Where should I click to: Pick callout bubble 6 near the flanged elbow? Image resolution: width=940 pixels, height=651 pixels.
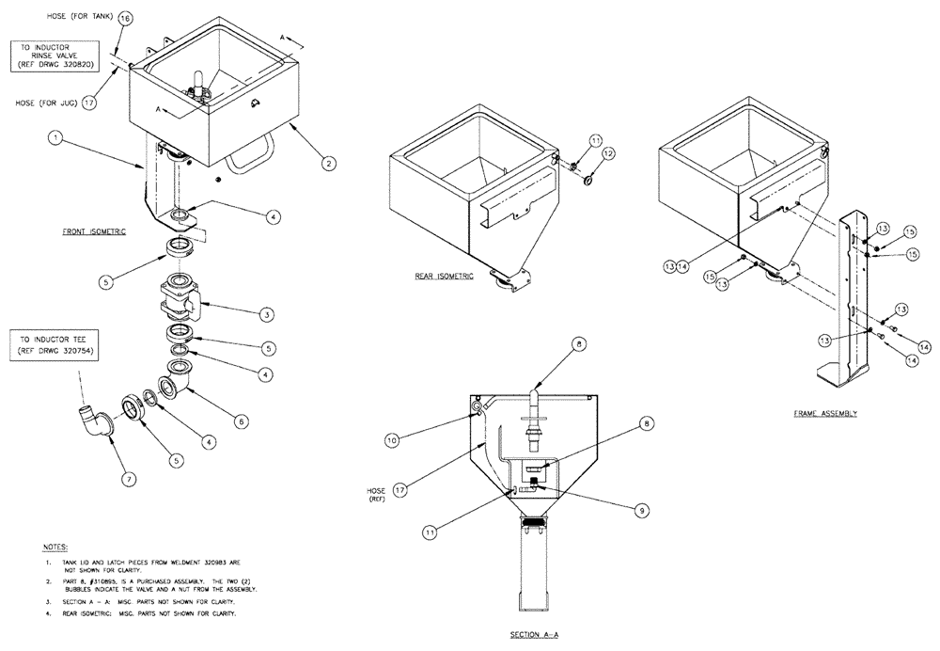(x=242, y=422)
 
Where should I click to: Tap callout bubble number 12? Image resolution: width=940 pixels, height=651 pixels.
(x=608, y=153)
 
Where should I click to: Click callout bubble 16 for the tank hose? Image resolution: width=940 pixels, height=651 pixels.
(x=126, y=18)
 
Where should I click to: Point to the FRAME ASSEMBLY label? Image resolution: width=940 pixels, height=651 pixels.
(x=824, y=413)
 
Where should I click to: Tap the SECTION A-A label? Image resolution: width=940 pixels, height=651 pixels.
(x=536, y=635)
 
